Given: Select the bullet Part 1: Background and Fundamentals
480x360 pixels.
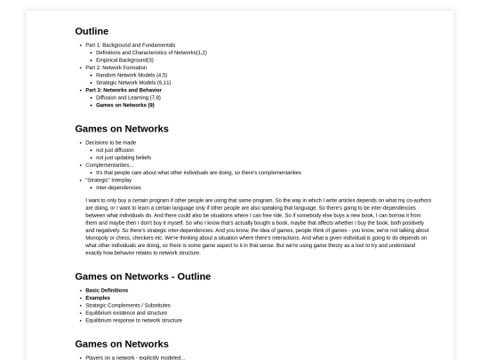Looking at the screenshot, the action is pos(130,44).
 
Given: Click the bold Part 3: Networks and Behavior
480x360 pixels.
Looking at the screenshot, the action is pos(123,90).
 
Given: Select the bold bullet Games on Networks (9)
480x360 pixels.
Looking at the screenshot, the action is pos(124,105).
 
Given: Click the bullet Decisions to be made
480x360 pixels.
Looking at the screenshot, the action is pos(110,142).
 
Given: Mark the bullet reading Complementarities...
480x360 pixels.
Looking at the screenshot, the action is pos(109,164).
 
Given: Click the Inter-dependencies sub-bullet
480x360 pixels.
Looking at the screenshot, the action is pos(116,188).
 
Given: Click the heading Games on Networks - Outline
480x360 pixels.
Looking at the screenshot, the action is pos(143,276).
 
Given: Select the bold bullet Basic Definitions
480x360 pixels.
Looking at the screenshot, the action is pos(107,290).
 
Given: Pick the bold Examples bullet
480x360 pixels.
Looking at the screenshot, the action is pos(99,298).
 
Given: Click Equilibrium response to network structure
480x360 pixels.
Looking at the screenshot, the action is pos(133,320).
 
